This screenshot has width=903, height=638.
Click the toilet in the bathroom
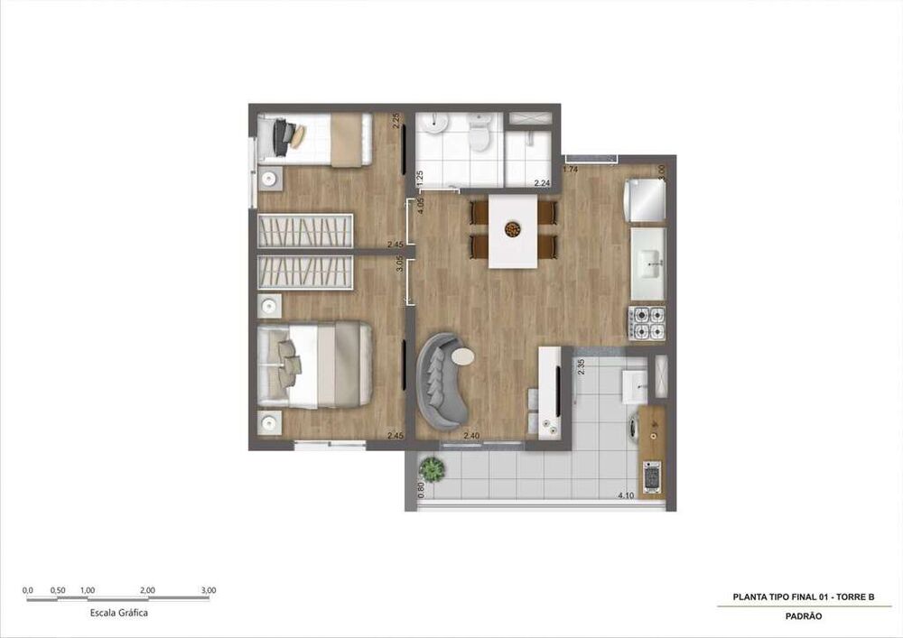point(479,135)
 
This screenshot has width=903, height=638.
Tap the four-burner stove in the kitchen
point(647,323)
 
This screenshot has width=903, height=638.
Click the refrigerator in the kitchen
point(646,199)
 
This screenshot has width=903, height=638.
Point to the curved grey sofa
point(439,379)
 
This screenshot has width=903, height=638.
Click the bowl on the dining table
point(513,229)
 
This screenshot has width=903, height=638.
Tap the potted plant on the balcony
point(433,469)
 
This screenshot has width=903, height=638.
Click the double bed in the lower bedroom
point(314,365)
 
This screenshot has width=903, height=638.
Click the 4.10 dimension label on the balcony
point(625,495)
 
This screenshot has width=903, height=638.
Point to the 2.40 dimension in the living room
point(470,437)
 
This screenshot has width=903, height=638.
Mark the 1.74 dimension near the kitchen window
point(571,169)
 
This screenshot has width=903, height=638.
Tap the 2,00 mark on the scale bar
point(148,591)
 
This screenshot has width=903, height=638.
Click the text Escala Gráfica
point(119,613)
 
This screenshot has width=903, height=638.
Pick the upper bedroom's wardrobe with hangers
point(305,230)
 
